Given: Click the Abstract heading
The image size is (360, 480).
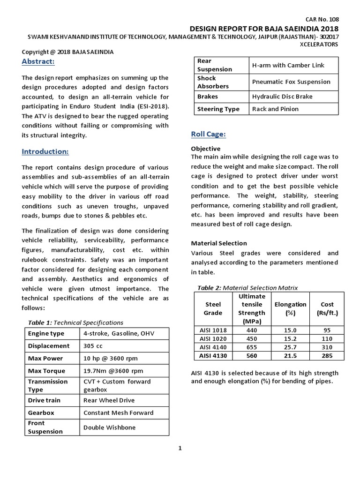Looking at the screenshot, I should pyautogui.click(x=38, y=62).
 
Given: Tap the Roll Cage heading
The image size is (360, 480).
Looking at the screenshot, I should pyautogui.click(x=209, y=135).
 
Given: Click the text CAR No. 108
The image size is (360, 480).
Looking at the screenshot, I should pyautogui.click(x=322, y=19).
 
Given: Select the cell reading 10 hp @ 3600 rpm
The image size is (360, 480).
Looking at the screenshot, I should pyautogui.click(x=110, y=359).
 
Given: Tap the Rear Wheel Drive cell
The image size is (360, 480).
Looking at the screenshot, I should pyautogui.click(x=109, y=400).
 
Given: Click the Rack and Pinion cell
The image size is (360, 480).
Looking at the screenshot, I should pyautogui.click(x=275, y=109).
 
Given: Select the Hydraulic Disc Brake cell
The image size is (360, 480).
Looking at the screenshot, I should pyautogui.click(x=282, y=97).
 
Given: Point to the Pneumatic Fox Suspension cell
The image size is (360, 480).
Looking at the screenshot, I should pyautogui.click(x=291, y=82).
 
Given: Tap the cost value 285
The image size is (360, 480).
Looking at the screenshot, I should pyautogui.click(x=327, y=356).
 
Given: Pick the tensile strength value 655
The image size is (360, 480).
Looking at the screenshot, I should pyautogui.click(x=252, y=347).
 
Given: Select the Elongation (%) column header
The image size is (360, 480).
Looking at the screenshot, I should pyautogui.click(x=290, y=308).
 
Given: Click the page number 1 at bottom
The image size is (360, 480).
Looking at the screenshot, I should pyautogui.click(x=180, y=448).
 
